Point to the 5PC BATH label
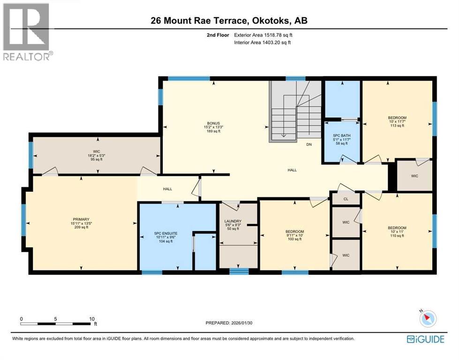[341, 135]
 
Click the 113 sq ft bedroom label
[397, 118]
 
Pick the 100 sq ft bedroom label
[295, 232]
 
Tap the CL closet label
[346, 199]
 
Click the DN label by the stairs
[309, 145]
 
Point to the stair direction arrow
[283, 135]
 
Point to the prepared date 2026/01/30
[232, 322]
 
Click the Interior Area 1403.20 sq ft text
[263, 43]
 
